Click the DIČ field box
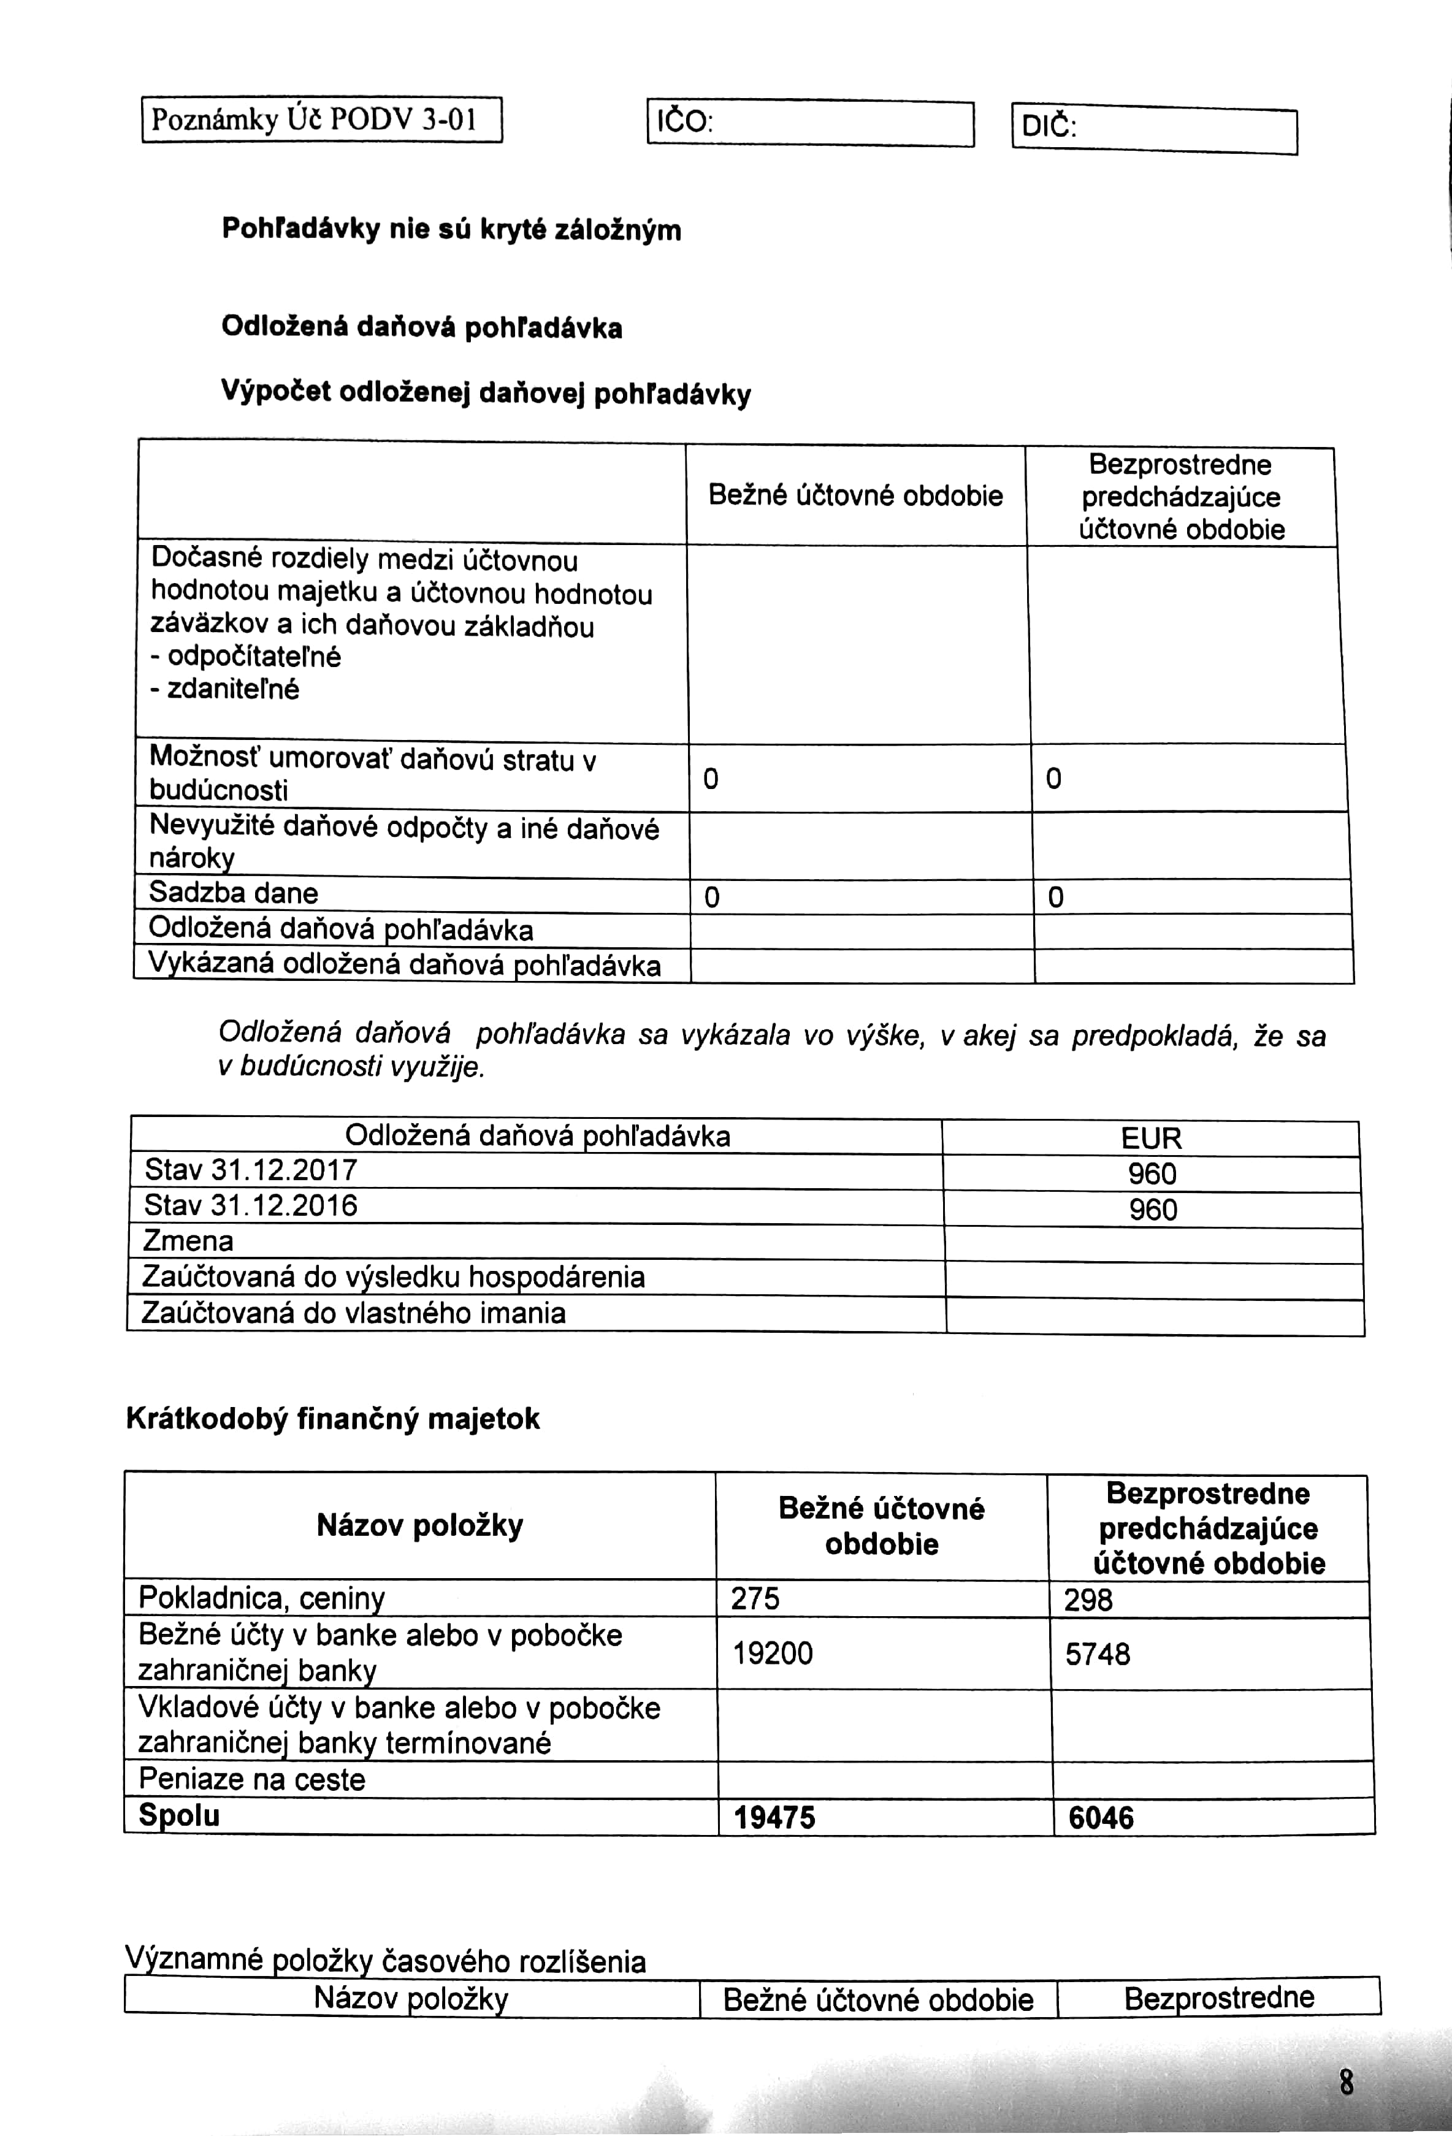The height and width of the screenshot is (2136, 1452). pyautogui.click(x=1153, y=131)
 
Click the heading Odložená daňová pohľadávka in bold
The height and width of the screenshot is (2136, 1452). pyautogui.click(x=422, y=327)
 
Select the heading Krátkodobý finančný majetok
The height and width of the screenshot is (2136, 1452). pyautogui.click(x=333, y=1418)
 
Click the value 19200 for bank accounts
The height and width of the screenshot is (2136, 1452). pyautogui.click(x=772, y=1653)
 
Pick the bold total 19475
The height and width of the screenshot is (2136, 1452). pyautogui.click(x=774, y=1817)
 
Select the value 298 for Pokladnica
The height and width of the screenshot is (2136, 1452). pyautogui.click(x=1088, y=1600)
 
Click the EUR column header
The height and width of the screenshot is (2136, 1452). pyautogui.click(x=1150, y=1139)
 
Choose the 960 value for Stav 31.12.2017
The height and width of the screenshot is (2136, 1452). pyautogui.click(x=1152, y=1173)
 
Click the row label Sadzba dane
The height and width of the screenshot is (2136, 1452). pyautogui.click(x=234, y=893)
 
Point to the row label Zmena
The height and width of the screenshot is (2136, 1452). pyautogui.click(x=188, y=1242)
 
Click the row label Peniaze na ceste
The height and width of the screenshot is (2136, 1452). pyautogui.click(x=252, y=1779)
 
